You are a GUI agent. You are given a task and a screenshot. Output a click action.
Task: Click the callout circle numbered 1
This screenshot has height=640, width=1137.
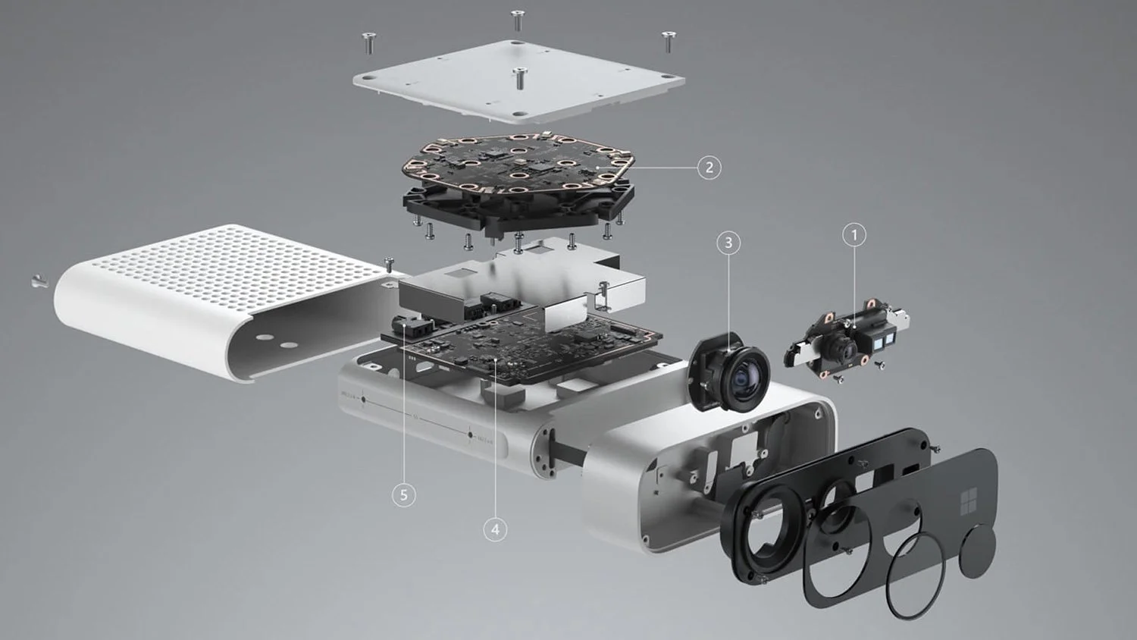(854, 235)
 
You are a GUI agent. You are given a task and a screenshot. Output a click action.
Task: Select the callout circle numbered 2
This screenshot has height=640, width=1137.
(709, 167)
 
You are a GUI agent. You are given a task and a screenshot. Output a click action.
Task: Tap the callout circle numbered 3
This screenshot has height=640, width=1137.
(728, 243)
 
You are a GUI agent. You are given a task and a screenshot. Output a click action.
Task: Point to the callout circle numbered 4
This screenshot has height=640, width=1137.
(495, 529)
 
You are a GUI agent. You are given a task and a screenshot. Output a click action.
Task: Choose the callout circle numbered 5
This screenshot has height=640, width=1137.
(403, 495)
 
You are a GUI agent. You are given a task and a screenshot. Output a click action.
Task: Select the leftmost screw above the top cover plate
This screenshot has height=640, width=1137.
(368, 43)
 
